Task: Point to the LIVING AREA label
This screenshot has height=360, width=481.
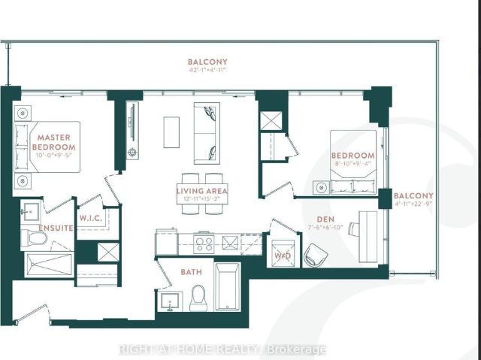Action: pos(202,191)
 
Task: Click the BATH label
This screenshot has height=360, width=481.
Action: pos(191,271)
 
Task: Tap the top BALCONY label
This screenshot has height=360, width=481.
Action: pos(207,62)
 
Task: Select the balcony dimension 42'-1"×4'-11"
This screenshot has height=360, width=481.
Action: pos(207,71)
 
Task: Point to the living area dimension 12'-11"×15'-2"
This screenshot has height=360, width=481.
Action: pos(202,200)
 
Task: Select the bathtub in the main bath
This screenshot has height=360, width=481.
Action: pos(228,286)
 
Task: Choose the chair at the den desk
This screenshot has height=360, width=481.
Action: pos(314,255)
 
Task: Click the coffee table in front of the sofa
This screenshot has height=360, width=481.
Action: pos(171,131)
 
